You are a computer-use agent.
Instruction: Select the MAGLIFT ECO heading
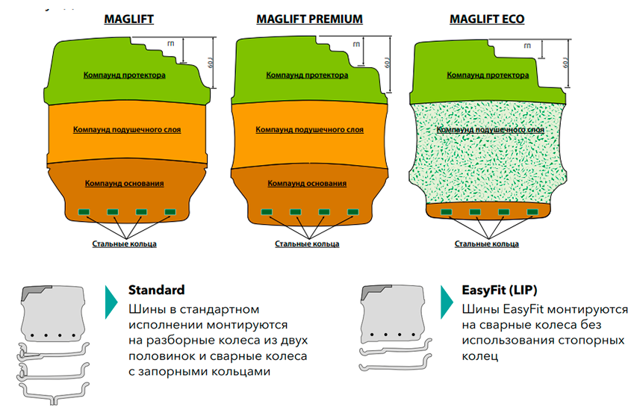486,19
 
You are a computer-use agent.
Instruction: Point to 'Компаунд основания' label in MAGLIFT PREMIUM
307,183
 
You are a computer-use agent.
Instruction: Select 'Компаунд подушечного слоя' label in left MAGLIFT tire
126,129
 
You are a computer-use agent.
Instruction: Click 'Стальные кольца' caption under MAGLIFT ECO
487,243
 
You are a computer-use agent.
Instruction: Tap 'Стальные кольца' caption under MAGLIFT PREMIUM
307,243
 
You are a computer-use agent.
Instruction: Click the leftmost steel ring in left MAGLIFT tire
84,211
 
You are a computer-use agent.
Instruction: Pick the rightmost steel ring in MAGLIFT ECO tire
532,211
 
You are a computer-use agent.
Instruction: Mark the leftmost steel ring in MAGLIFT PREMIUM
266,211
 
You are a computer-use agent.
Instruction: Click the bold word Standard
156,290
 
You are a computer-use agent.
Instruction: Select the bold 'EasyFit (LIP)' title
500,290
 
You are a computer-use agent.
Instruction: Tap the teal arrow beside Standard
111,300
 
